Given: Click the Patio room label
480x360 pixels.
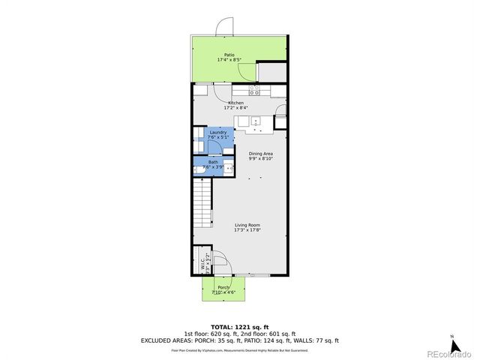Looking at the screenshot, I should pyautogui.click(x=229, y=54).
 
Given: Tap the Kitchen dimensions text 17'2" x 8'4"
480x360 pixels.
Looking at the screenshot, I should pyautogui.click(x=236, y=109).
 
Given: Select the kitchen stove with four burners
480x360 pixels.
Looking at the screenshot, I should pyautogui.click(x=255, y=91).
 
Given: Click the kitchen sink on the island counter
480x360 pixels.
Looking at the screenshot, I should pyautogui.click(x=257, y=121).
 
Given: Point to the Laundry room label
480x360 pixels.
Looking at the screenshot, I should pyautogui.click(x=218, y=133).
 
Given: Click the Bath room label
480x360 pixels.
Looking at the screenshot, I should pyautogui.click(x=214, y=162).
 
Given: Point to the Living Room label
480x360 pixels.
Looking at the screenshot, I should pyautogui.click(x=247, y=225).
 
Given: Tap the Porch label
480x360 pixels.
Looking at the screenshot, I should pyautogui.click(x=223, y=287).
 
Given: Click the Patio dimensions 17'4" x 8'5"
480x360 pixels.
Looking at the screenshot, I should pyautogui.click(x=229, y=59).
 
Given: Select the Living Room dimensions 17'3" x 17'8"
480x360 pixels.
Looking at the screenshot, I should pyautogui.click(x=247, y=230).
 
